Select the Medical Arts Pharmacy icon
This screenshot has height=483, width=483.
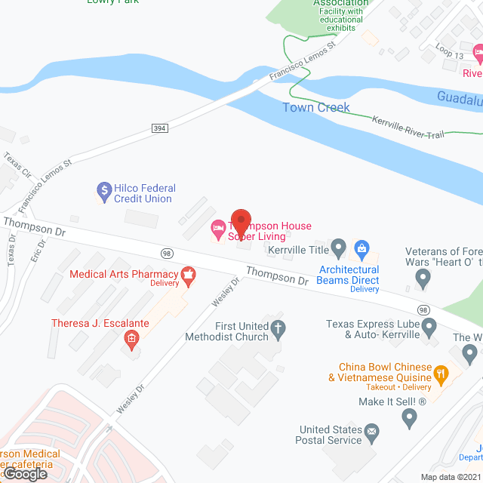[x=189, y=278]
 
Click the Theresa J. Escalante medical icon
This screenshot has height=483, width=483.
[x=132, y=338]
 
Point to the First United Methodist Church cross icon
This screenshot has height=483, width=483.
[x=278, y=327]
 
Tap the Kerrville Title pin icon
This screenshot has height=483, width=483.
[x=340, y=248]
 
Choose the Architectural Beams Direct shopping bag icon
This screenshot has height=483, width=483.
[x=361, y=248]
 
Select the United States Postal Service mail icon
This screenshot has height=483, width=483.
[x=371, y=432]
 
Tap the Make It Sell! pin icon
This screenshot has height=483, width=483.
[x=410, y=416]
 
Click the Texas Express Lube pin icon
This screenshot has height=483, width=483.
[x=429, y=328]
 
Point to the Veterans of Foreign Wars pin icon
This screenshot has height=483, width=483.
[x=423, y=279]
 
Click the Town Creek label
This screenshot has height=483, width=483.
[x=316, y=107]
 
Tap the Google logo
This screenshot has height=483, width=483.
[x=25, y=474]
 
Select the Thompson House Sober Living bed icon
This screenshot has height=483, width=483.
[x=217, y=226]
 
